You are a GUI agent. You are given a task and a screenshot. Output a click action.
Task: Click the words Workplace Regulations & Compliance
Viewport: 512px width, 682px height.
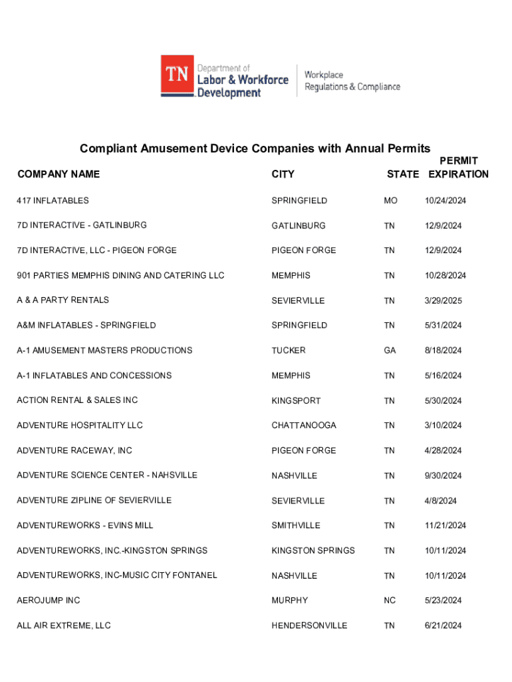[352, 81]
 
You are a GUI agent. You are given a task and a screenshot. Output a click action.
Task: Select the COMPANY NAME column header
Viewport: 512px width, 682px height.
[59, 174]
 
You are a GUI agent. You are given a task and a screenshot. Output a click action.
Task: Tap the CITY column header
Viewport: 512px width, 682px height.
[283, 174]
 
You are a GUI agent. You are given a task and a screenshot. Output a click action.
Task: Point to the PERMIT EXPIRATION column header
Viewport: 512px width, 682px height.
[458, 168]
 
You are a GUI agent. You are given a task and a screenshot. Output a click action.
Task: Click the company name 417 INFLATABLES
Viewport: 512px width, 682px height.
[53, 200]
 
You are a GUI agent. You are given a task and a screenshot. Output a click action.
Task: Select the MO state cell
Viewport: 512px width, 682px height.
[390, 200]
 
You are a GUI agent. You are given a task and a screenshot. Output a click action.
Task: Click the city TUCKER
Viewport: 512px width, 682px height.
[289, 350]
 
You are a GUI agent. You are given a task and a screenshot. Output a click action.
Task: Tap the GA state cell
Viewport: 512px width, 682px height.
[390, 350]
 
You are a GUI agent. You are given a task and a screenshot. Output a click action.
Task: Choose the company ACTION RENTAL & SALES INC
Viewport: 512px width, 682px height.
[77, 400]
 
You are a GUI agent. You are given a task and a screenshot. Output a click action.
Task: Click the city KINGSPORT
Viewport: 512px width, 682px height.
[296, 401]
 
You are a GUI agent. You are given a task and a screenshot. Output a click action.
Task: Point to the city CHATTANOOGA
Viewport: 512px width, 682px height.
[304, 426]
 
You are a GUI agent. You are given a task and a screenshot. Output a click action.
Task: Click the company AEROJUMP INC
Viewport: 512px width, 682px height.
[49, 601]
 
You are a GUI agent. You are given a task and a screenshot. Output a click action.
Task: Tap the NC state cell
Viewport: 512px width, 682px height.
[390, 601]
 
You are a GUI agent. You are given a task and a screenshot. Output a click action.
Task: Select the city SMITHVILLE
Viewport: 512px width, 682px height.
[296, 525]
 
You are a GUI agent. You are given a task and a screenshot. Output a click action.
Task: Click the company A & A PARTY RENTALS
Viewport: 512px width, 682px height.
[63, 300]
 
